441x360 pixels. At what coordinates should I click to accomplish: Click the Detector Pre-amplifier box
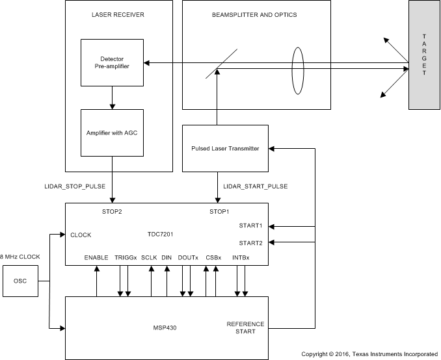113,62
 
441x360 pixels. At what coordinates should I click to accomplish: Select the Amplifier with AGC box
113,133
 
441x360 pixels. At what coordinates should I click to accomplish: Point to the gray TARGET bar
423,55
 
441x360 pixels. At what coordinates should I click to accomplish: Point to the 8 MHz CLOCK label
20,257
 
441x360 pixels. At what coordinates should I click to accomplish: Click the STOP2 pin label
113,211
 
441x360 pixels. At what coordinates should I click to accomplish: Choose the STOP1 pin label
220,211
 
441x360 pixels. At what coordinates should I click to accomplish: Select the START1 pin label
250,226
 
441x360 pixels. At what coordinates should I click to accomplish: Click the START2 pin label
250,242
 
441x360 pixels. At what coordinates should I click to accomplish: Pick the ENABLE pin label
96,258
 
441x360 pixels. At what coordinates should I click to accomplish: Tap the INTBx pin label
241,258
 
